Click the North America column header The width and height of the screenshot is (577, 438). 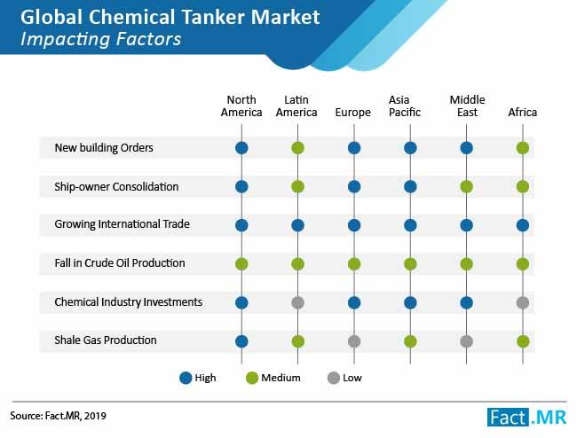[241, 106]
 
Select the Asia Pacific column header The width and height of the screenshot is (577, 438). [405, 106]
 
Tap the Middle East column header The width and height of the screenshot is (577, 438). [467, 106]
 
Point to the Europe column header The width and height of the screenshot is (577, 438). [353, 112]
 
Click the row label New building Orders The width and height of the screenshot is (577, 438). [104, 148]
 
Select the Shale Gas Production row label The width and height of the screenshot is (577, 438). [106, 340]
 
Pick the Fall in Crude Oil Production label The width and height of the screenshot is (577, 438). [120, 263]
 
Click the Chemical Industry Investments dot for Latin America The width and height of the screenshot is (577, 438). [297, 302]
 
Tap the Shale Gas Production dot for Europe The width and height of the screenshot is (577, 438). [354, 341]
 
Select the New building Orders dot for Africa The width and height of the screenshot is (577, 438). [523, 148]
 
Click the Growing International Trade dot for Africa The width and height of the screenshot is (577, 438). [523, 225]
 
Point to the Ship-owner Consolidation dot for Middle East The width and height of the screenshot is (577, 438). [466, 187]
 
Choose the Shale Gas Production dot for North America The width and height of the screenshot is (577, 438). [241, 341]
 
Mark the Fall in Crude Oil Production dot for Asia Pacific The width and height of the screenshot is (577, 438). [410, 264]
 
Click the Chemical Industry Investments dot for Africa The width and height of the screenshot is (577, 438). [523, 302]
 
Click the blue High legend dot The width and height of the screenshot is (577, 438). [186, 378]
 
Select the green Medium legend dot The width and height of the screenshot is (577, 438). [252, 378]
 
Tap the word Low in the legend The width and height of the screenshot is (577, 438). [352, 378]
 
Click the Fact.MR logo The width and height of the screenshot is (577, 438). [527, 418]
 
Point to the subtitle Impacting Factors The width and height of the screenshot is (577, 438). [101, 39]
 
